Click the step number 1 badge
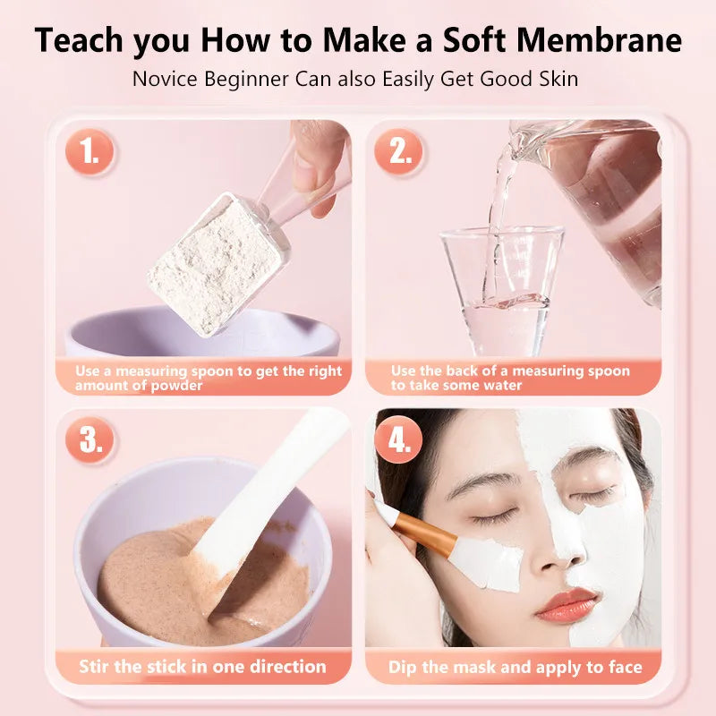point(89,153)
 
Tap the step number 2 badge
point(399,153)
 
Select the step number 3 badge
point(89,439)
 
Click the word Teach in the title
point(81,40)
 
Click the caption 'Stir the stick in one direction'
point(202,667)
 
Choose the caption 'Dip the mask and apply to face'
point(515,667)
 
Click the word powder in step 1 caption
point(176,386)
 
